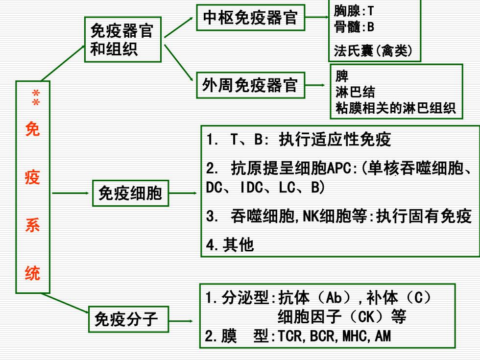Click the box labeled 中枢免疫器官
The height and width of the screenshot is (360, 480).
point(250,18)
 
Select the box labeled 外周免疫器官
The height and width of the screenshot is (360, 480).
point(250,85)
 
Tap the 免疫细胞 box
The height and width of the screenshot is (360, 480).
point(131,193)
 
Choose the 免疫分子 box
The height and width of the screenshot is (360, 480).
point(128,319)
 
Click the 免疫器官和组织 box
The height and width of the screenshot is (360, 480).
point(123,40)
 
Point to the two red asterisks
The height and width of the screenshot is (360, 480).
point(36,97)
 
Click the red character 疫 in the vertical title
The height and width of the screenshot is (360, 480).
point(32,177)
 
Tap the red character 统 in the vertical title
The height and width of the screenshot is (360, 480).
point(32,273)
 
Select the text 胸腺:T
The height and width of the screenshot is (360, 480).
point(354,11)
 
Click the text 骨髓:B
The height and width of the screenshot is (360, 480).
point(354,27)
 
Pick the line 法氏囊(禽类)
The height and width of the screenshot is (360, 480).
point(373,50)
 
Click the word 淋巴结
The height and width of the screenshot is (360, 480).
point(355,92)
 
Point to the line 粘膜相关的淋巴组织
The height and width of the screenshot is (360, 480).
point(396,108)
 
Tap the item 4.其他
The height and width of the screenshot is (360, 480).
point(230,244)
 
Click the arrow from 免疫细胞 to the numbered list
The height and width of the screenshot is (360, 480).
point(183,193)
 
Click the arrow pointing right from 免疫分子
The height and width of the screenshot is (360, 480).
point(181,321)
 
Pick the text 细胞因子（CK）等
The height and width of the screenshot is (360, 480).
point(342,317)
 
